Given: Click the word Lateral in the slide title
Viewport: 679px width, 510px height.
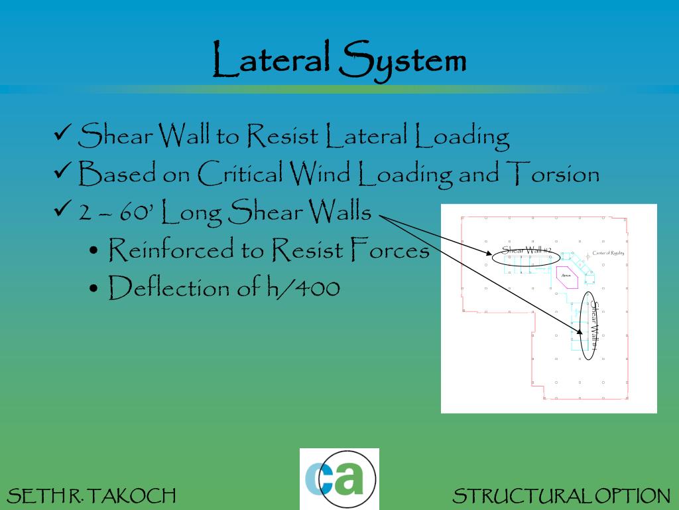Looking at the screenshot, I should (x=271, y=59).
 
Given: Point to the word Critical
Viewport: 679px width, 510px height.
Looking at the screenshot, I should (x=240, y=174).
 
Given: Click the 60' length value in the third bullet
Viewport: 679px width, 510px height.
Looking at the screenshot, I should (x=138, y=212).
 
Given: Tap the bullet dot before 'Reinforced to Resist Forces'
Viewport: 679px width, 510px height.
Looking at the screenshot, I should (x=94, y=252).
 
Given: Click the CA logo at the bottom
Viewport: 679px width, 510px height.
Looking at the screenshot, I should (x=339, y=479).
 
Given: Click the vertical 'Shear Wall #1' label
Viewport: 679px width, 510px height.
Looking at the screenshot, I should (x=594, y=327).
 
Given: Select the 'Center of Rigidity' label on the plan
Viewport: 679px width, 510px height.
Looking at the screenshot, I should (x=608, y=253).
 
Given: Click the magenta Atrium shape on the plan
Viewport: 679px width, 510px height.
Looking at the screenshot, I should (x=568, y=276).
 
